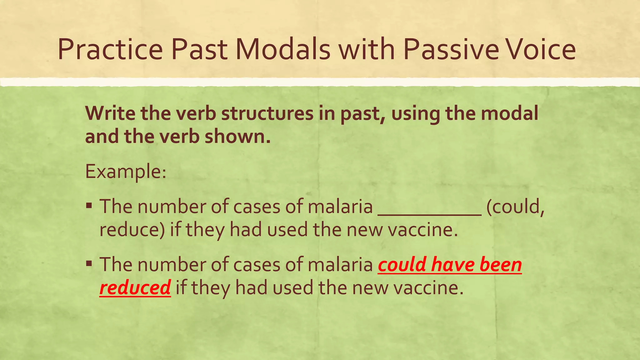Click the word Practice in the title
[110, 50]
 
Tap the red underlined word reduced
[135, 287]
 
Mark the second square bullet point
[89, 264]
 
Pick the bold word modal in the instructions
[509, 113]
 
